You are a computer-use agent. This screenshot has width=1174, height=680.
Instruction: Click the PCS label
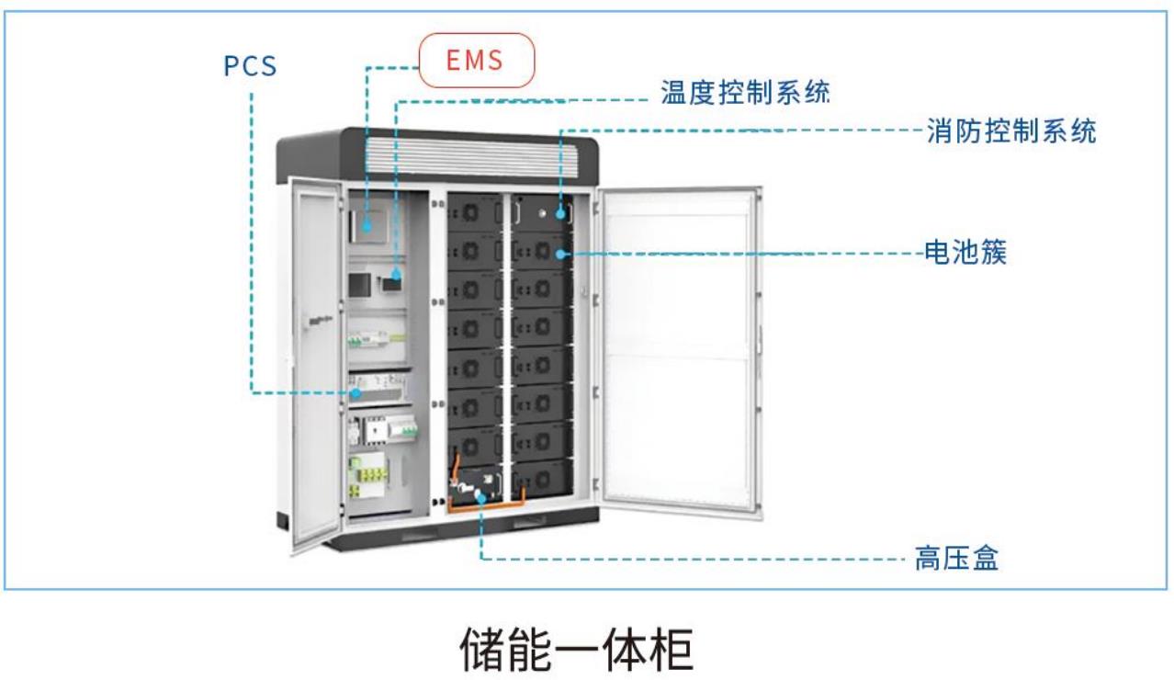(250, 66)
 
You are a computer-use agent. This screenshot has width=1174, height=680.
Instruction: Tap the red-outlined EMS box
(476, 61)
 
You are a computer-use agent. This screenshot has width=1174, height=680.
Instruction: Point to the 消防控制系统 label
(1010, 131)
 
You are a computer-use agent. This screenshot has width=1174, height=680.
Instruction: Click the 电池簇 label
(965, 252)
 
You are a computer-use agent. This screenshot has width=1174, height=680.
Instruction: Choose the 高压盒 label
(955, 558)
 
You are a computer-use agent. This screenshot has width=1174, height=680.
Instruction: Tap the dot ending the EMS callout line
(367, 223)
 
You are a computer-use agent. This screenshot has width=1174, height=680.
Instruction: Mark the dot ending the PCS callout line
(355, 393)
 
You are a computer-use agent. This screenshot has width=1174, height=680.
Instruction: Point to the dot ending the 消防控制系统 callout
(558, 213)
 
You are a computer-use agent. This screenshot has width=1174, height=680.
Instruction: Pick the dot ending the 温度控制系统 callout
(397, 274)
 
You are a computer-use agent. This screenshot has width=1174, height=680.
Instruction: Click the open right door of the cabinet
(680, 349)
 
